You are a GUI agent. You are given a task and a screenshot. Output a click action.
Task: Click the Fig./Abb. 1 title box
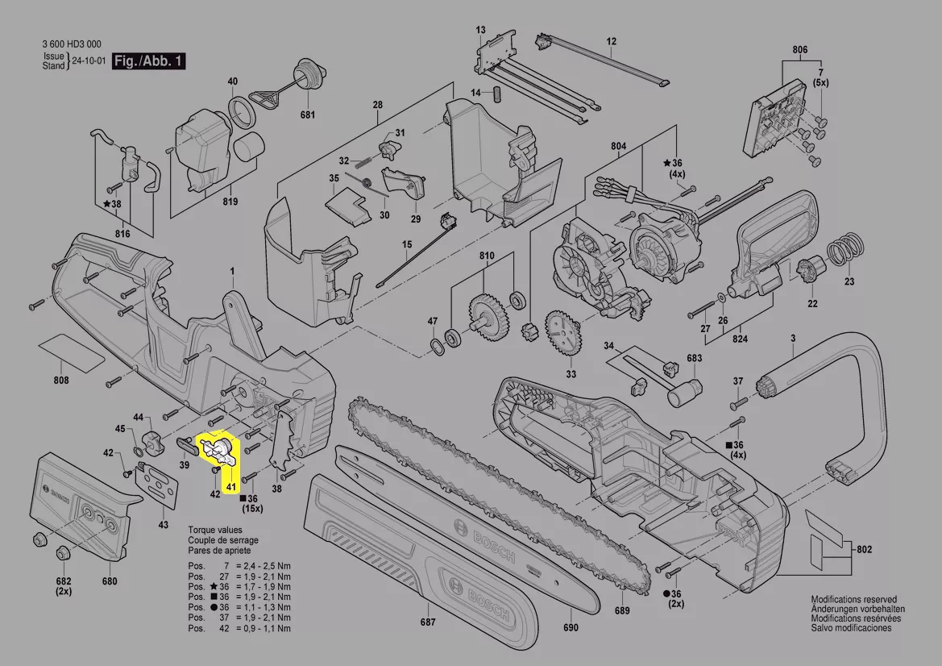point(148,61)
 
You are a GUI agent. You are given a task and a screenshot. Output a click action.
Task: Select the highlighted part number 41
point(230,487)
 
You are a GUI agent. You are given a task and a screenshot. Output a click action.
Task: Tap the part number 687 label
point(427,622)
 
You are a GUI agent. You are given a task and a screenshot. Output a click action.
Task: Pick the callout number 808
point(60,380)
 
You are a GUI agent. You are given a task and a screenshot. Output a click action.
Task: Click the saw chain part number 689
point(622,610)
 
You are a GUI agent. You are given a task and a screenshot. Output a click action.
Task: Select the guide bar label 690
point(571,628)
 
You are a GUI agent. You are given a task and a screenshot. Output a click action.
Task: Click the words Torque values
point(214,530)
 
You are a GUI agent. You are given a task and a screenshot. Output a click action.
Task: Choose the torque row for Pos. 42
point(239,628)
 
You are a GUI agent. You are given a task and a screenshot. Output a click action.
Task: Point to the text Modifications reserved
point(853,599)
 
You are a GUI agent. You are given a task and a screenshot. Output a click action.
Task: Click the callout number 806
point(799,50)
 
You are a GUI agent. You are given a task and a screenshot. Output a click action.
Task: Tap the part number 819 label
point(230,202)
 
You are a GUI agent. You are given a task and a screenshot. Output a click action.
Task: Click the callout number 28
point(377,106)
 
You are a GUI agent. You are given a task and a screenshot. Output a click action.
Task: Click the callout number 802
point(864,550)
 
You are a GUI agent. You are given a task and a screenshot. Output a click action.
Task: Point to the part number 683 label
point(694,358)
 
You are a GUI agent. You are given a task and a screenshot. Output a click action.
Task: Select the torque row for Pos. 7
point(239,567)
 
